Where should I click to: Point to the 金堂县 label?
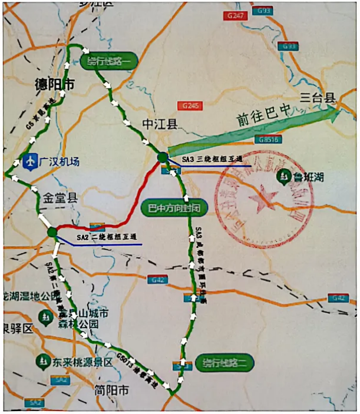[x=59, y=198]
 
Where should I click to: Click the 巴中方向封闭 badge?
[x=174, y=208]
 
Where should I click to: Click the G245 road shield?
[x=192, y=106]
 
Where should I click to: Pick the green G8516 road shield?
[x=267, y=139]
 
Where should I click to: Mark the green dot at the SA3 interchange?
[x=162, y=157]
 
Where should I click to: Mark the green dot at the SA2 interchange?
[x=52, y=232]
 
